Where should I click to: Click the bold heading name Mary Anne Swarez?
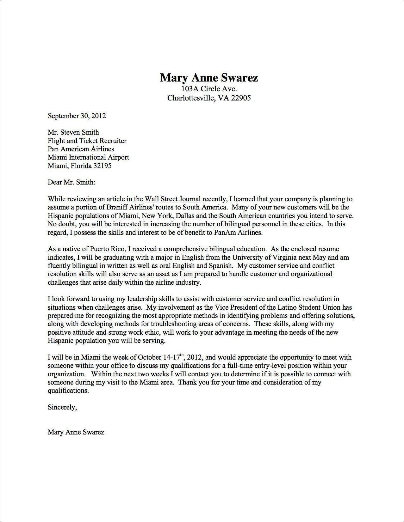click(209, 77)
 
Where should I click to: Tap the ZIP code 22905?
click(241, 98)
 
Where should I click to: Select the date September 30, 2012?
click(77, 116)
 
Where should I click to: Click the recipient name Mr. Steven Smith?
click(73, 132)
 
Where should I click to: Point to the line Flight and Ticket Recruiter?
click(87, 141)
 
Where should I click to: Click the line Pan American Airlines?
click(81, 149)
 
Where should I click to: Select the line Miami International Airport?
click(88, 157)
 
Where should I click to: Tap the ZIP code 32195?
click(102, 166)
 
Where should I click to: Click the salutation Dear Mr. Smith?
click(71, 182)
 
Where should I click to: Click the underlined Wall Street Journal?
click(172, 199)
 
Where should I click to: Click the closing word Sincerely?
click(62, 407)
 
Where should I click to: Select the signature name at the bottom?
click(76, 432)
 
